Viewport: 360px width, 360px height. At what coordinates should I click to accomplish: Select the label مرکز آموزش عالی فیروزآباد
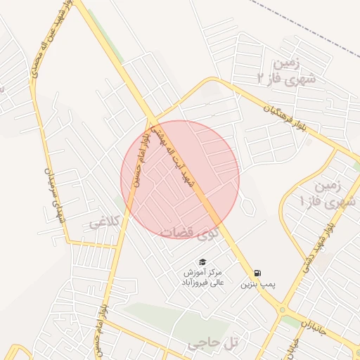pos(202,277)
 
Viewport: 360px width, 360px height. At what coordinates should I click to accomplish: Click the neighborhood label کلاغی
pos(104,224)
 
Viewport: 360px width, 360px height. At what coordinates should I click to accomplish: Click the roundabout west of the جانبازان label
pos(283,309)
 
